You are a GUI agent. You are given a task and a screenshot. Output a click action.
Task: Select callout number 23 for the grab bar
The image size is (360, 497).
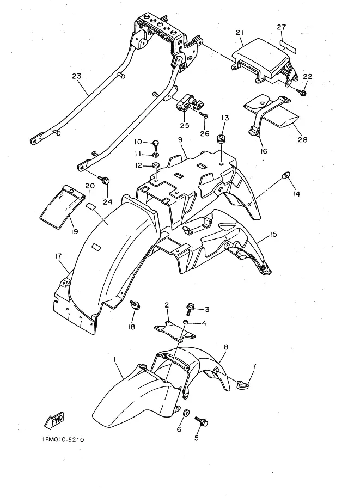(76, 77)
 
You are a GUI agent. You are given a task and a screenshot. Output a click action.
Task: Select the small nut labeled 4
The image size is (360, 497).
(185, 322)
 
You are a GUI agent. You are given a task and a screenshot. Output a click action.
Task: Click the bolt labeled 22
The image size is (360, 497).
(303, 93)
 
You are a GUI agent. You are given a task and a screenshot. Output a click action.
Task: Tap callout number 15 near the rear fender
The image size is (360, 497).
(273, 235)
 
